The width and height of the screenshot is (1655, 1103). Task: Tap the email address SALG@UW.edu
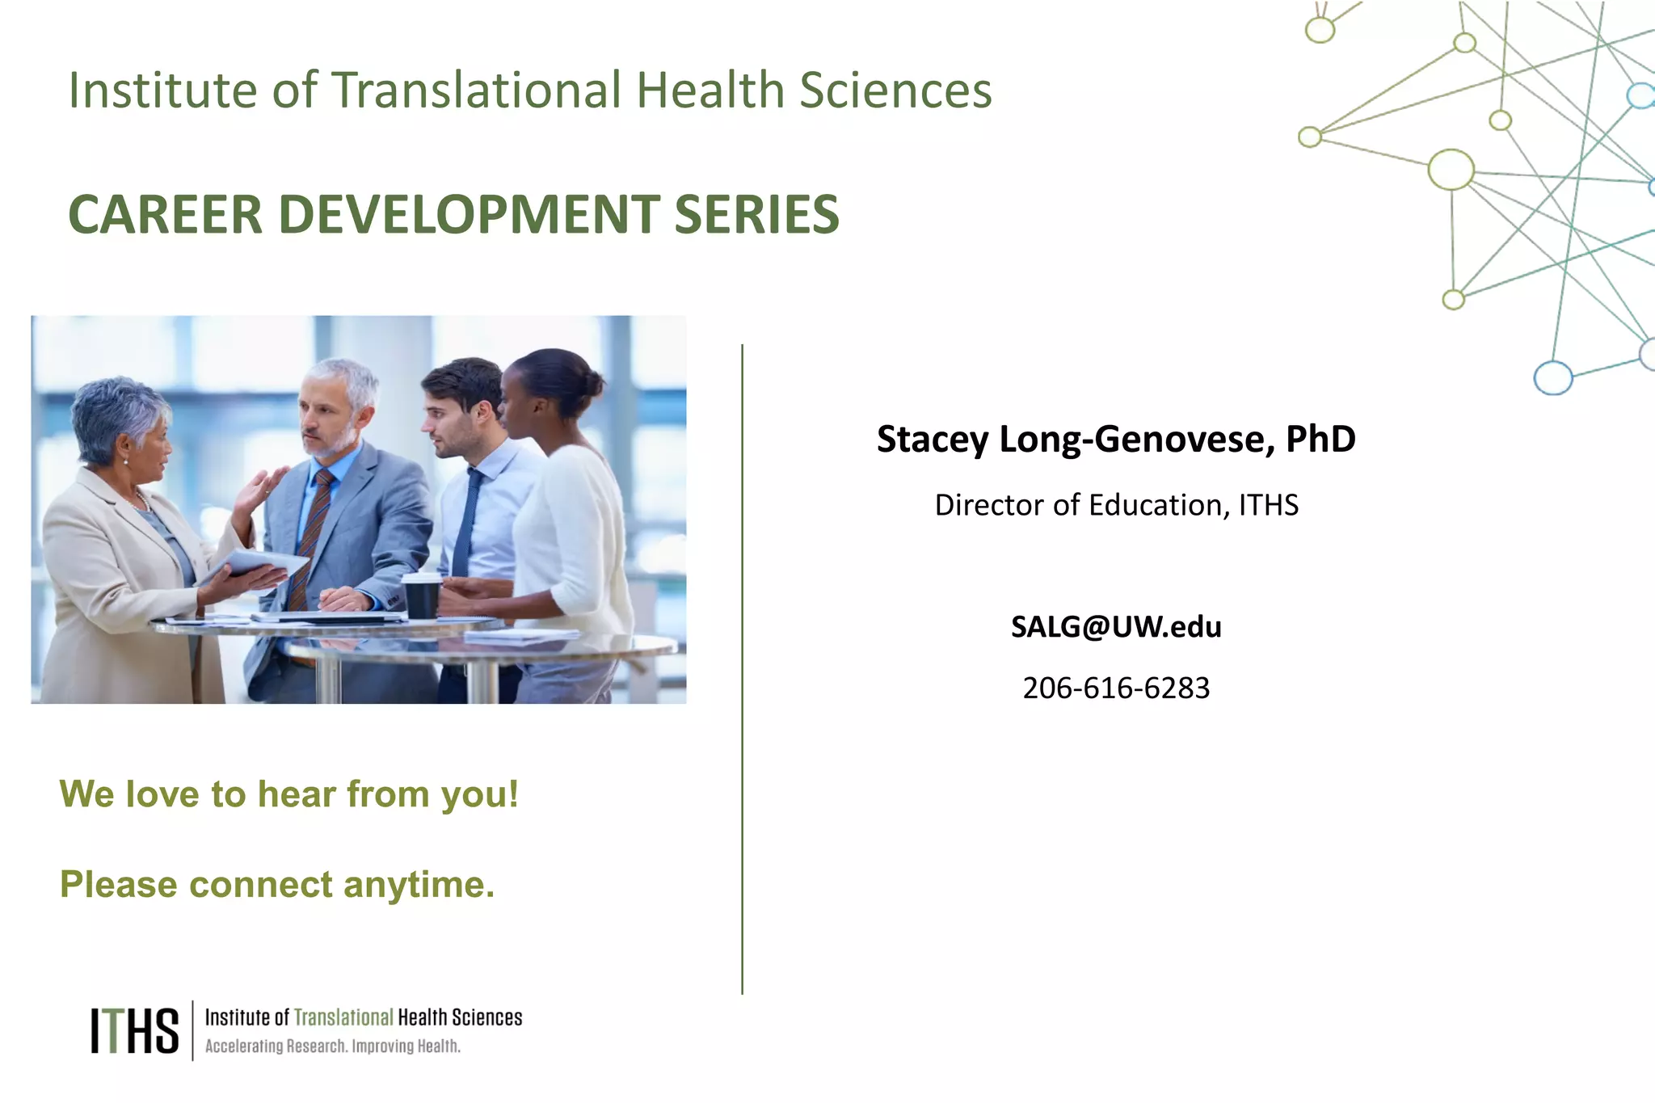[x=1116, y=627]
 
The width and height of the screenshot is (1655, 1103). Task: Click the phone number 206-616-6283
[x=1116, y=688]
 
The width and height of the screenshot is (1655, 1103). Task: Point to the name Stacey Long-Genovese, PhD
[x=1116, y=440]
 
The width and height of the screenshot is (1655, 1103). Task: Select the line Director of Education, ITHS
[x=1116, y=506]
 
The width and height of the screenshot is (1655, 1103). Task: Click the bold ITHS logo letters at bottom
[x=134, y=1030]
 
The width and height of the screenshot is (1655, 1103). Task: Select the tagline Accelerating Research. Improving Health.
[x=332, y=1046]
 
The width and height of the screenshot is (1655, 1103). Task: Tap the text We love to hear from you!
[x=288, y=794]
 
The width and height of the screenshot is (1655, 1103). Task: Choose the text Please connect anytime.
[x=276, y=885]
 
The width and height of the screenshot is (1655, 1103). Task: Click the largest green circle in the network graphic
[x=1451, y=170]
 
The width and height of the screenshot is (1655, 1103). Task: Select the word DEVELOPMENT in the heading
[x=469, y=215]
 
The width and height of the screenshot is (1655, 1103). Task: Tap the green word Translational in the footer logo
[x=343, y=1017]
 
